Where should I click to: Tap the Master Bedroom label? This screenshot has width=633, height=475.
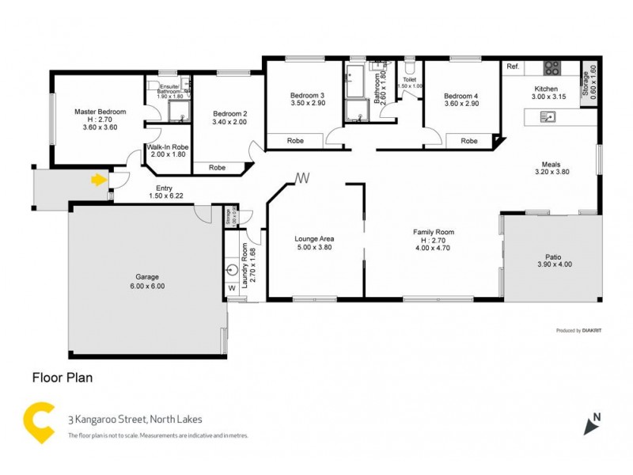(96, 112)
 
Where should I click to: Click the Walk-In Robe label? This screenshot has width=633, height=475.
(167, 147)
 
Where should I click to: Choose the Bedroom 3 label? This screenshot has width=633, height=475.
(308, 95)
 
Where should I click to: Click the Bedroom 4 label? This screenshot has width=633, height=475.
(461, 95)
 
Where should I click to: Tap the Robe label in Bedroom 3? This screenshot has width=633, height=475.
(295, 141)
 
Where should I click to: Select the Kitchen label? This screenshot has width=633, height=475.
(546, 89)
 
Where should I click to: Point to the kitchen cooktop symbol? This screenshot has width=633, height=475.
(552, 67)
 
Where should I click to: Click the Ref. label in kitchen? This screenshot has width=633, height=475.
(513, 67)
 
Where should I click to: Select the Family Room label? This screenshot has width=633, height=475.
(433, 232)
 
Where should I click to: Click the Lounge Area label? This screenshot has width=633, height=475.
(313, 237)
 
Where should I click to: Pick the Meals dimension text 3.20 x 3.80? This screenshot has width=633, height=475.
(552, 171)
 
